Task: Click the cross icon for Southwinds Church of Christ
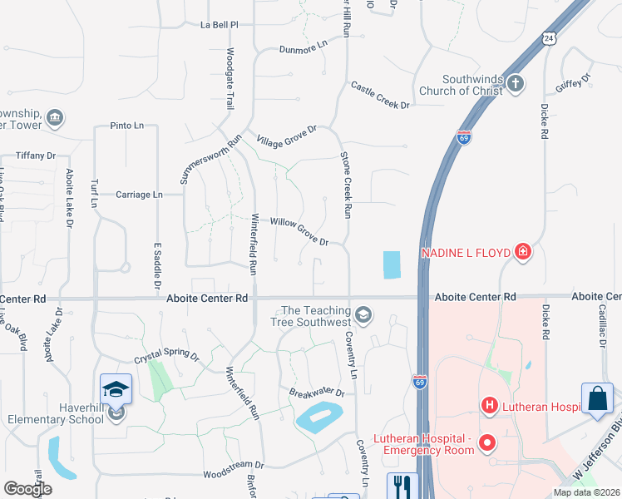click(516, 82)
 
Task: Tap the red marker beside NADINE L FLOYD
click(522, 251)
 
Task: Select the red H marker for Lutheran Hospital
click(490, 406)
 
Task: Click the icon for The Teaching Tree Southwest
click(363, 314)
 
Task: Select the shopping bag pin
click(598, 399)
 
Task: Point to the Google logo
click(27, 488)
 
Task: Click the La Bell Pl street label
click(220, 25)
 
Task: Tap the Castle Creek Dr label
click(381, 96)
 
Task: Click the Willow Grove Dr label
click(299, 231)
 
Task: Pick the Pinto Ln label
click(126, 126)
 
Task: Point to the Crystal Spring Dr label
click(167, 357)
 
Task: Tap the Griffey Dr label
click(574, 82)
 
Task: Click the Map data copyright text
click(585, 492)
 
